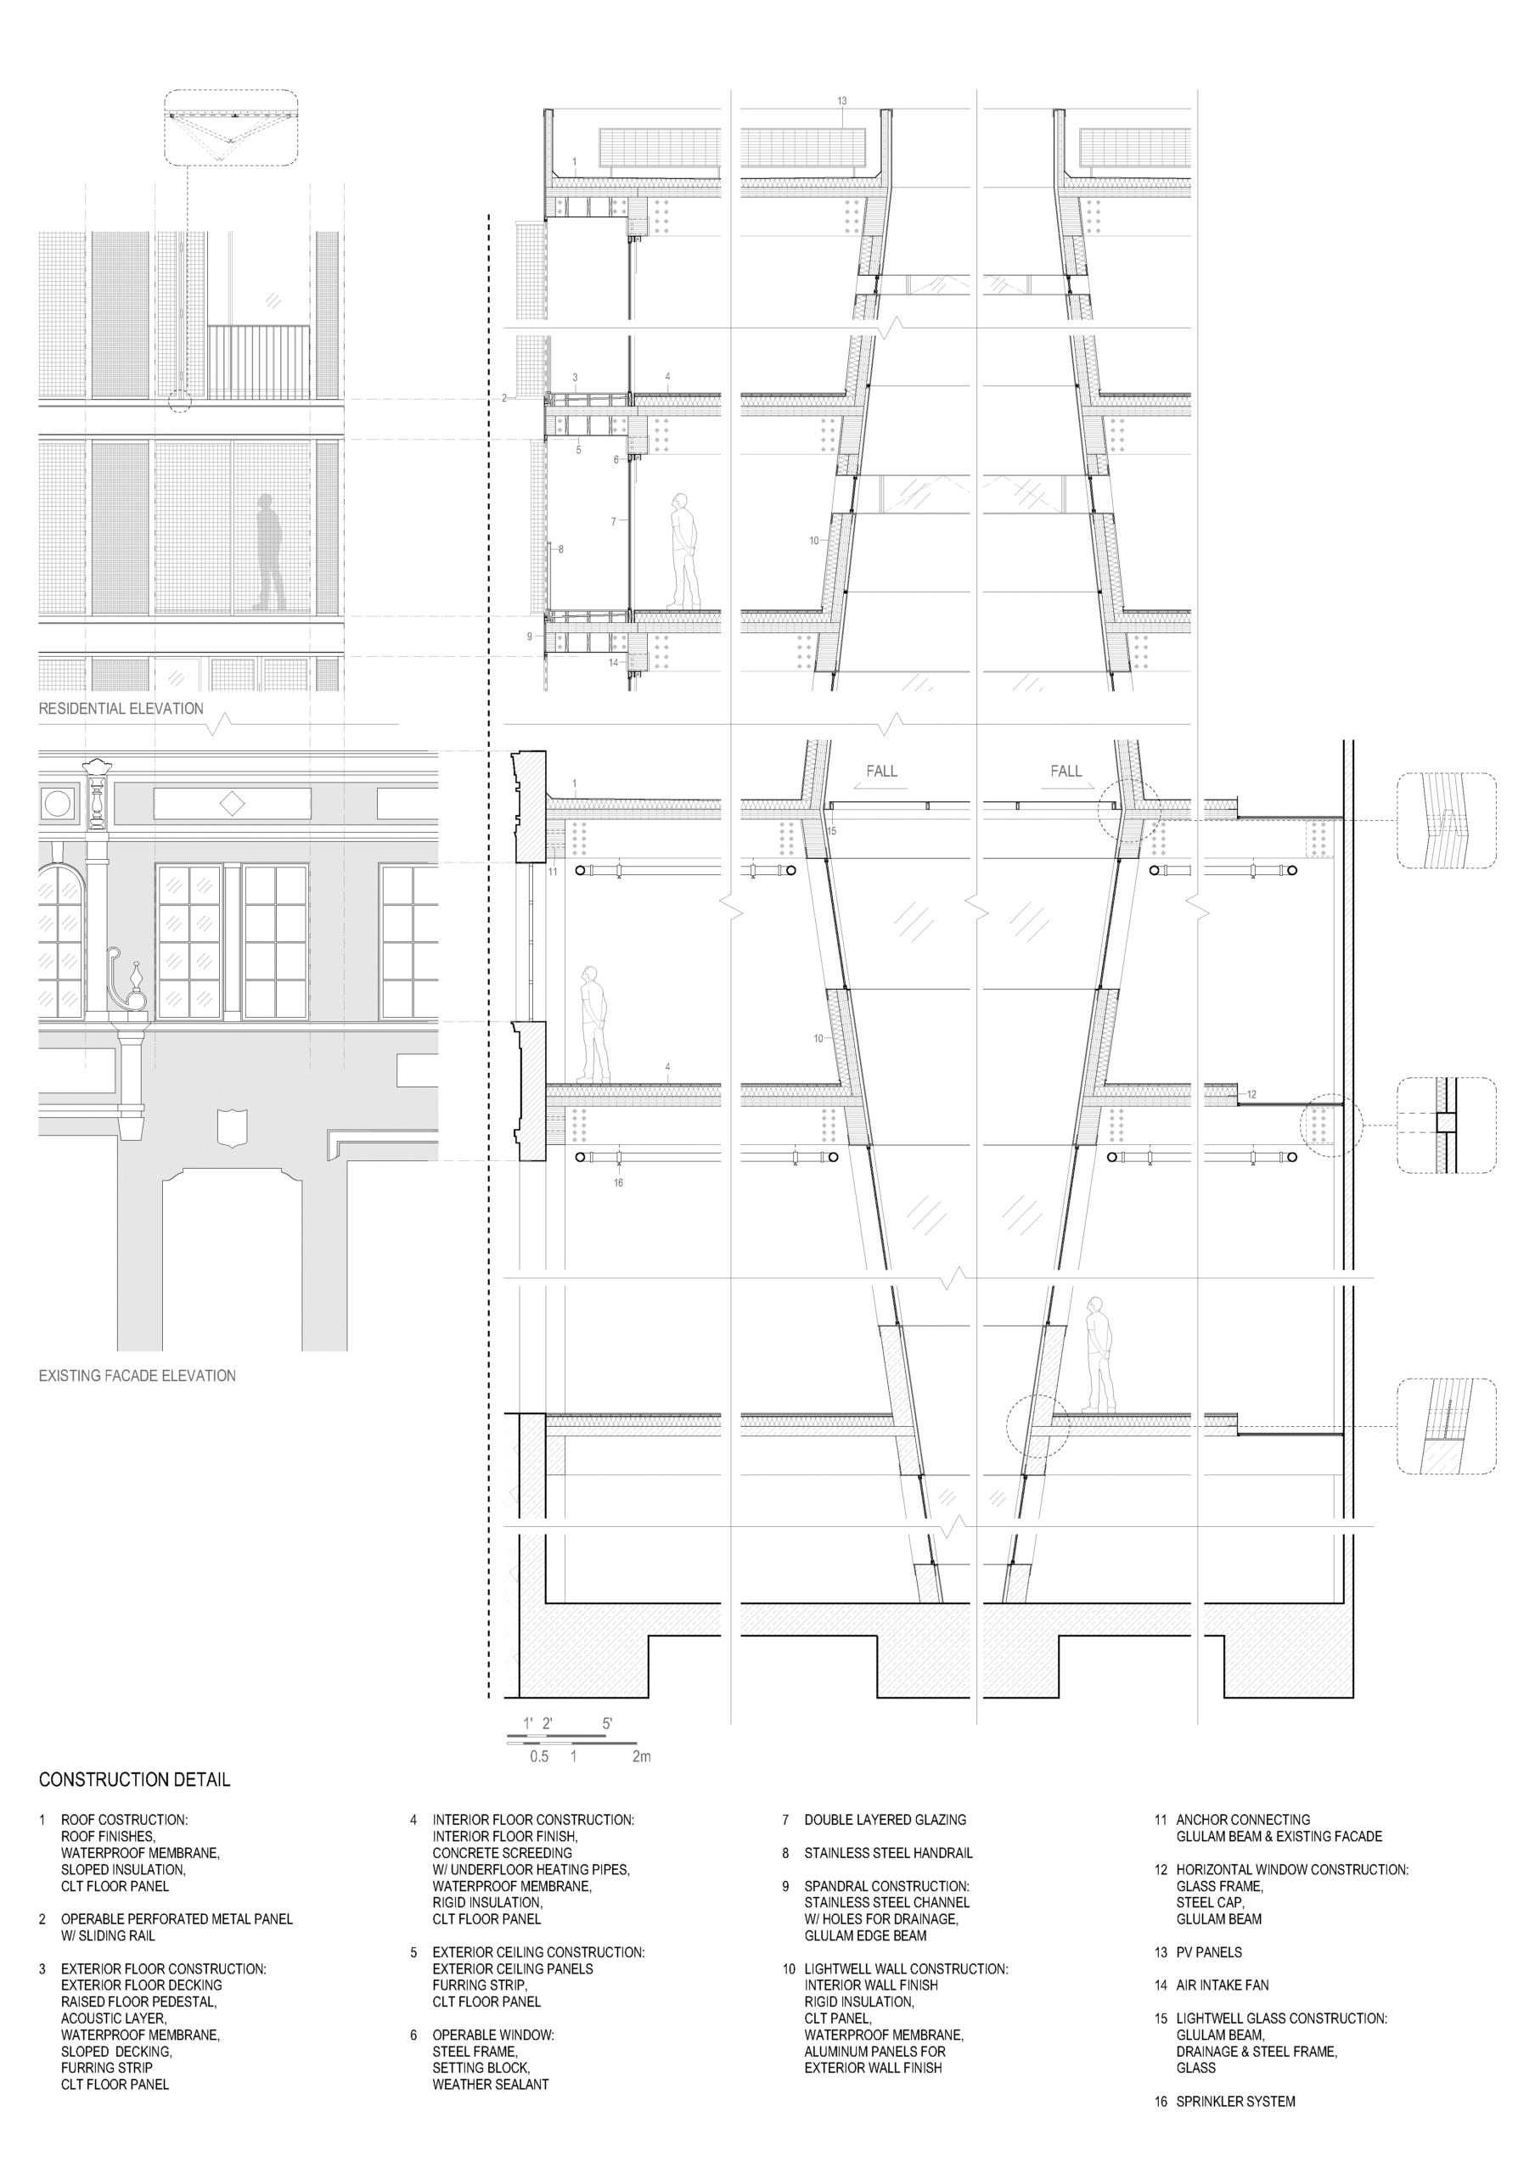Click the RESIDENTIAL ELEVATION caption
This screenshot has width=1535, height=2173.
coord(121,708)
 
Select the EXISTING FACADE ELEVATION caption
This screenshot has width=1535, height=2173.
coord(138,1375)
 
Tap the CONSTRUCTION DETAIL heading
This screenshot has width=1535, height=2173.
coord(134,1779)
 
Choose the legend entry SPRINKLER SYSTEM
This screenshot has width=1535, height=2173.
coord(1235,2101)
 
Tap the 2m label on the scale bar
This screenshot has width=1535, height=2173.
coord(641,1756)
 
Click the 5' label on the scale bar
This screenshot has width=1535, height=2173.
coord(607,1723)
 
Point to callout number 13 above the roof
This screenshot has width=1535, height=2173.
coord(841,101)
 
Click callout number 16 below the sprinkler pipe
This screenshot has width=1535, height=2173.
coord(618,1183)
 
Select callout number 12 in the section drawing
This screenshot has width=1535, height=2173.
coord(1251,1095)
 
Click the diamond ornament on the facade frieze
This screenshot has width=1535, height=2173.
coord(232,805)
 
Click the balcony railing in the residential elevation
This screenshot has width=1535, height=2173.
coord(258,363)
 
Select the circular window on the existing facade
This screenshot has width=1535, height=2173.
coord(58,805)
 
